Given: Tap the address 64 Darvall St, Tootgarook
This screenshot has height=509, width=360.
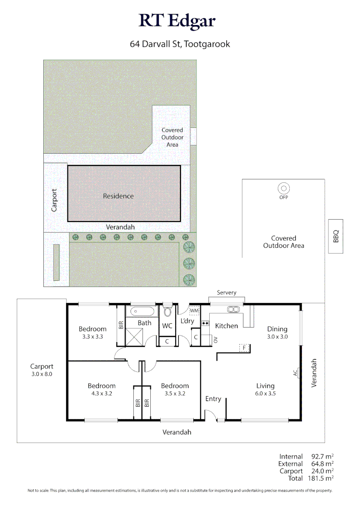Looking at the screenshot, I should click(180, 44).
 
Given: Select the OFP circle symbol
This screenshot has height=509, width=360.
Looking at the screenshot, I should click(283, 188).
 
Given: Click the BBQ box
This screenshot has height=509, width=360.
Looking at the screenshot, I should click(336, 236).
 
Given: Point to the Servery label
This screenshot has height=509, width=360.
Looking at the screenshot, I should click(227, 293).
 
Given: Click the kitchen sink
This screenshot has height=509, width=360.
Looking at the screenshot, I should click(233, 310).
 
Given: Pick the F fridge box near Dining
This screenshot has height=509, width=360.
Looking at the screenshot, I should click(244, 348).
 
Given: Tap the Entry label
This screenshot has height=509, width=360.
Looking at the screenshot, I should click(213, 399).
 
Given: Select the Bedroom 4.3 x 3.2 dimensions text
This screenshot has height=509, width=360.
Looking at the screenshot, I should click(101, 393).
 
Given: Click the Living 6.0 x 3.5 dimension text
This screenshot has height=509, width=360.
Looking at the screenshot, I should click(265, 393).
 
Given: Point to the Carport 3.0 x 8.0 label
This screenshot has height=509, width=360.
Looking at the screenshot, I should click(41, 369).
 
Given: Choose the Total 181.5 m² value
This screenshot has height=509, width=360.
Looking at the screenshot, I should click(322, 478).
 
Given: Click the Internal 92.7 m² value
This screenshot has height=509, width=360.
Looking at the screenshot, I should click(322, 457).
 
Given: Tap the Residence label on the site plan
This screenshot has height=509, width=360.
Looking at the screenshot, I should click(118, 196).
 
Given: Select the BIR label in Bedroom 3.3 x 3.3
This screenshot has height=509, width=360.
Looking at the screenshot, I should click(121, 325).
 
